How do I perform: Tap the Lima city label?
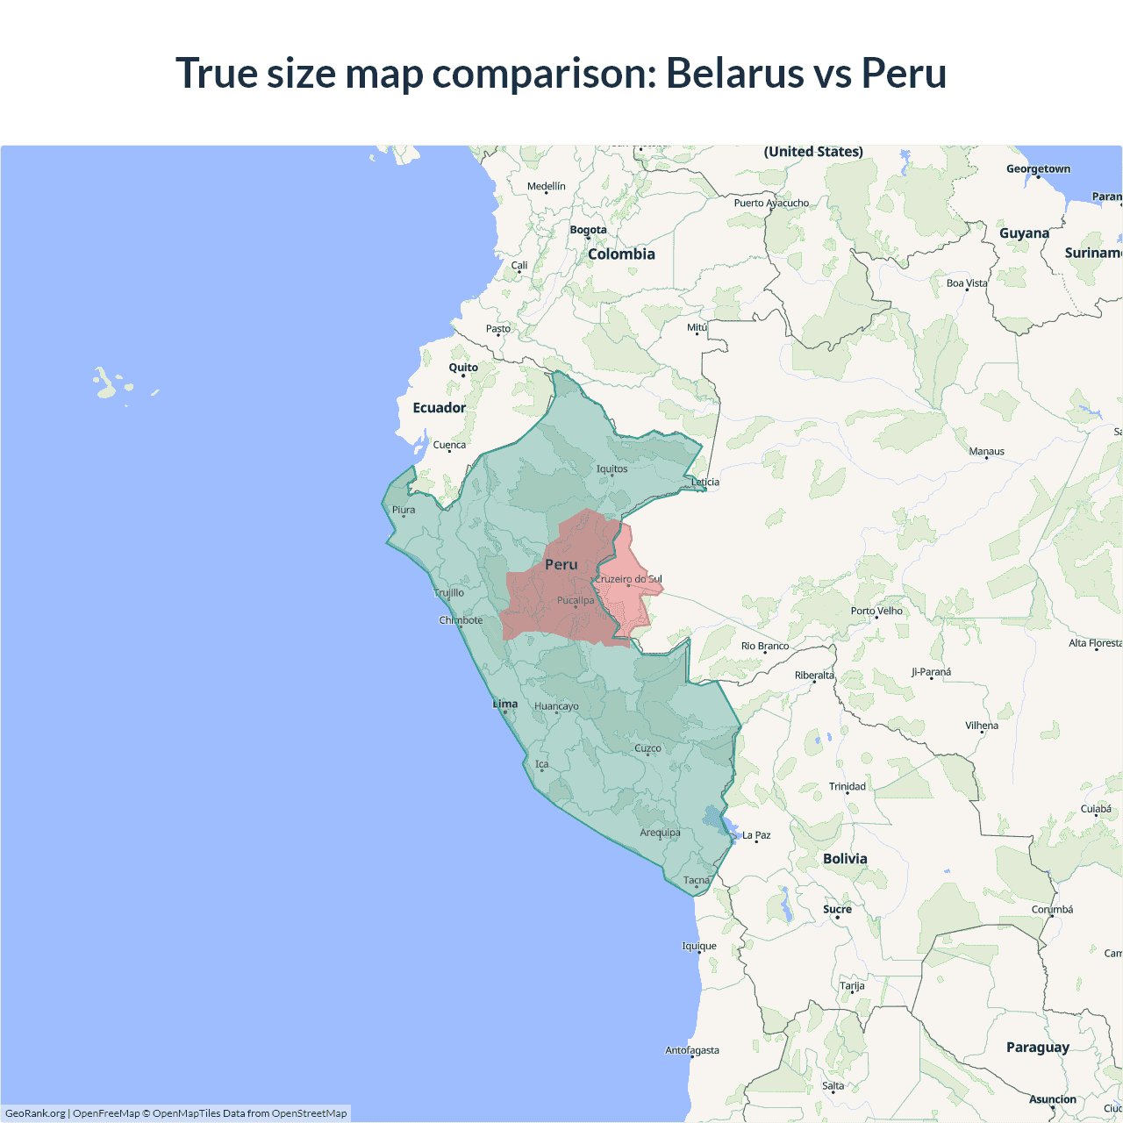505,704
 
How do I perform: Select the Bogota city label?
588,230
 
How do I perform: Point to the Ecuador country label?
439,408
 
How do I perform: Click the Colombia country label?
621,254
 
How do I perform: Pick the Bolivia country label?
845,859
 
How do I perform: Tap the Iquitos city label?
612,469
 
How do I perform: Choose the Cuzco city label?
647,748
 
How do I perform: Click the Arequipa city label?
660,833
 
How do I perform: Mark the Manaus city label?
986,452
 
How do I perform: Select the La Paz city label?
756,835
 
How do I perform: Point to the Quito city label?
463,368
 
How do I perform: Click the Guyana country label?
1024,233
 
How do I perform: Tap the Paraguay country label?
1037,1048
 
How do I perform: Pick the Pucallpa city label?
576,600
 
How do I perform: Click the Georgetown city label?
1038,169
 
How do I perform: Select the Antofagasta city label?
691,1050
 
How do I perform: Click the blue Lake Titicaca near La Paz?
727,825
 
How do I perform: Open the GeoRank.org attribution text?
35,1113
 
